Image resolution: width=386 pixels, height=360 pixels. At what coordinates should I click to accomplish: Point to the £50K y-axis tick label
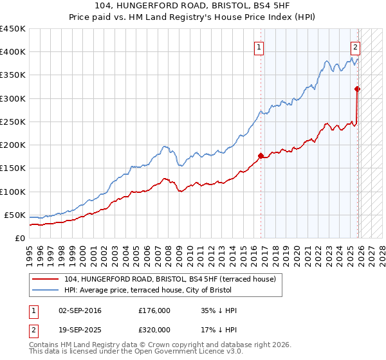click(x=14, y=215)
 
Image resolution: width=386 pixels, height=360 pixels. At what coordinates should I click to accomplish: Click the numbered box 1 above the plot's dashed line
click(x=258, y=46)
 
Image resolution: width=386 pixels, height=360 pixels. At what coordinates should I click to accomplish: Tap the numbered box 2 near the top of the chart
click(x=354, y=46)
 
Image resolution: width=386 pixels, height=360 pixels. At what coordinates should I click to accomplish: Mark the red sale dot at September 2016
click(x=261, y=155)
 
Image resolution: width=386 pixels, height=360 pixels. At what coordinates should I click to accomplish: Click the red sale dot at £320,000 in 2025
click(x=358, y=89)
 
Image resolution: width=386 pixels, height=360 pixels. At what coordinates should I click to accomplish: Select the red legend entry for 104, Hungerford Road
click(x=171, y=279)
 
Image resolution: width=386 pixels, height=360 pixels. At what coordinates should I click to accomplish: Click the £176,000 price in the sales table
click(x=154, y=311)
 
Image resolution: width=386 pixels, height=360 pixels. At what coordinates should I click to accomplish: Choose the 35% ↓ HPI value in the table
click(x=219, y=311)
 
